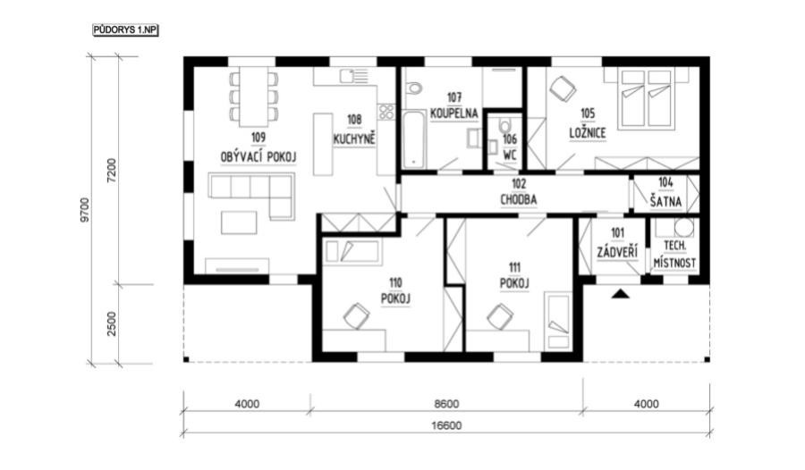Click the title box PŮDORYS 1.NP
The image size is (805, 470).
pyautogui.click(x=125, y=30)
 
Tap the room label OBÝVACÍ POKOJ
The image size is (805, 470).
pyautogui.click(x=258, y=157)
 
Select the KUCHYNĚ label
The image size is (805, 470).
pyautogui.click(x=354, y=139)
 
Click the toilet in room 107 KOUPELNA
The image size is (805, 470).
pyautogui.click(x=413, y=88)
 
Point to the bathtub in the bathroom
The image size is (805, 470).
pyautogui.click(x=414, y=139)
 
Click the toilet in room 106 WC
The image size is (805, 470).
pyautogui.click(x=505, y=125)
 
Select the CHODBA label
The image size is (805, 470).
pyautogui.click(x=519, y=199)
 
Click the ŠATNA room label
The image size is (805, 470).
pyautogui.click(x=665, y=202)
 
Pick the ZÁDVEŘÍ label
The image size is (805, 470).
pyautogui.click(x=617, y=253)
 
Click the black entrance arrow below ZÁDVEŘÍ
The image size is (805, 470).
pyautogui.click(x=621, y=293)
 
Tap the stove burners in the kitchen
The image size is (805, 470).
pyautogui.click(x=386, y=112)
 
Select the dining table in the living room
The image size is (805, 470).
pyautogui.click(x=254, y=97)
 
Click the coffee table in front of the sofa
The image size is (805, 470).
pyautogui.click(x=239, y=222)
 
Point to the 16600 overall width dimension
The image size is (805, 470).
pyautogui.click(x=447, y=425)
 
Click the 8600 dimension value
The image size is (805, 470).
pyautogui.click(x=446, y=404)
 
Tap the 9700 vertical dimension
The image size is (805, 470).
pyautogui.click(x=85, y=210)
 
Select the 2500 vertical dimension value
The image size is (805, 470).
pyautogui.click(x=112, y=323)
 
